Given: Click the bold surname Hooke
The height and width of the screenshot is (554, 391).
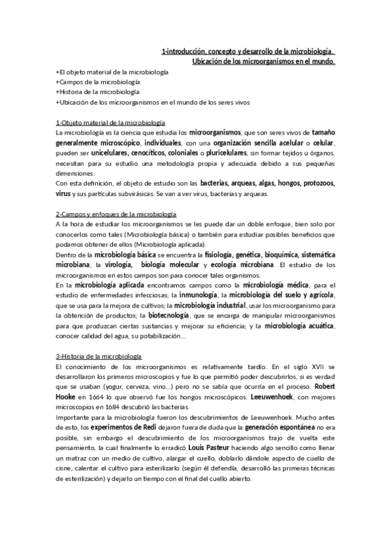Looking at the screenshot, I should (67, 397).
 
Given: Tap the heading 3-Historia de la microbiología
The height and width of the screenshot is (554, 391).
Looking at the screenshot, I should (99, 357).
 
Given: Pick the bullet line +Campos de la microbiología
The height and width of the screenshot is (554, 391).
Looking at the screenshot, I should (98, 82).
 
